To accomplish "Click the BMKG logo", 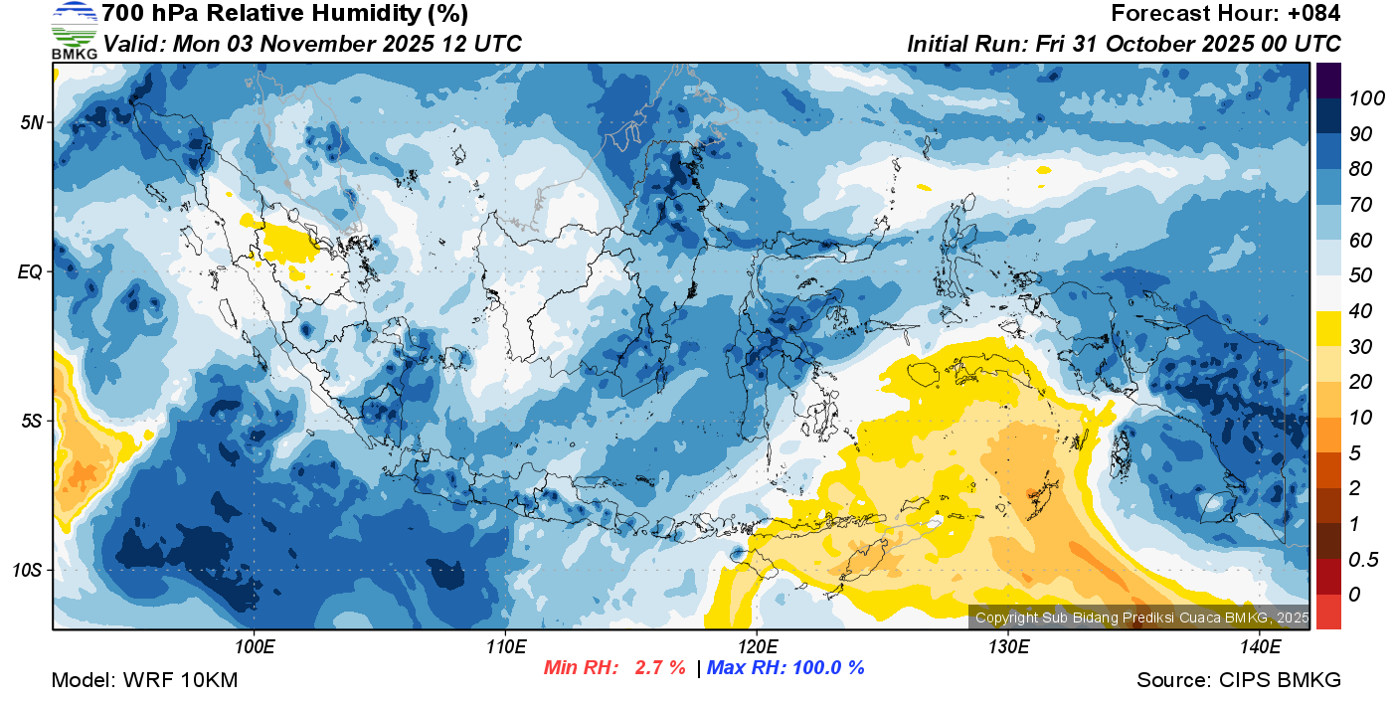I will coord(74,30).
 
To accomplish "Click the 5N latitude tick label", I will coord(32,122).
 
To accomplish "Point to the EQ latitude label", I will coord(31,271).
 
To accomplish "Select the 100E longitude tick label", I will coord(255,646).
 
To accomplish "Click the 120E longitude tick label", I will coord(757,646).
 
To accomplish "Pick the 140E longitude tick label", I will coord(1260,646).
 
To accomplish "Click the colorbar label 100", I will coord(1359,98).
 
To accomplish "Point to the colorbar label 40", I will coord(1359,312).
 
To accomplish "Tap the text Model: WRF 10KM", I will coord(143,680).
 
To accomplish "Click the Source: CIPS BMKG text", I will coord(1239,680).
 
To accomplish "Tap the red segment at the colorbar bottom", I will coord(1328,611).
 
